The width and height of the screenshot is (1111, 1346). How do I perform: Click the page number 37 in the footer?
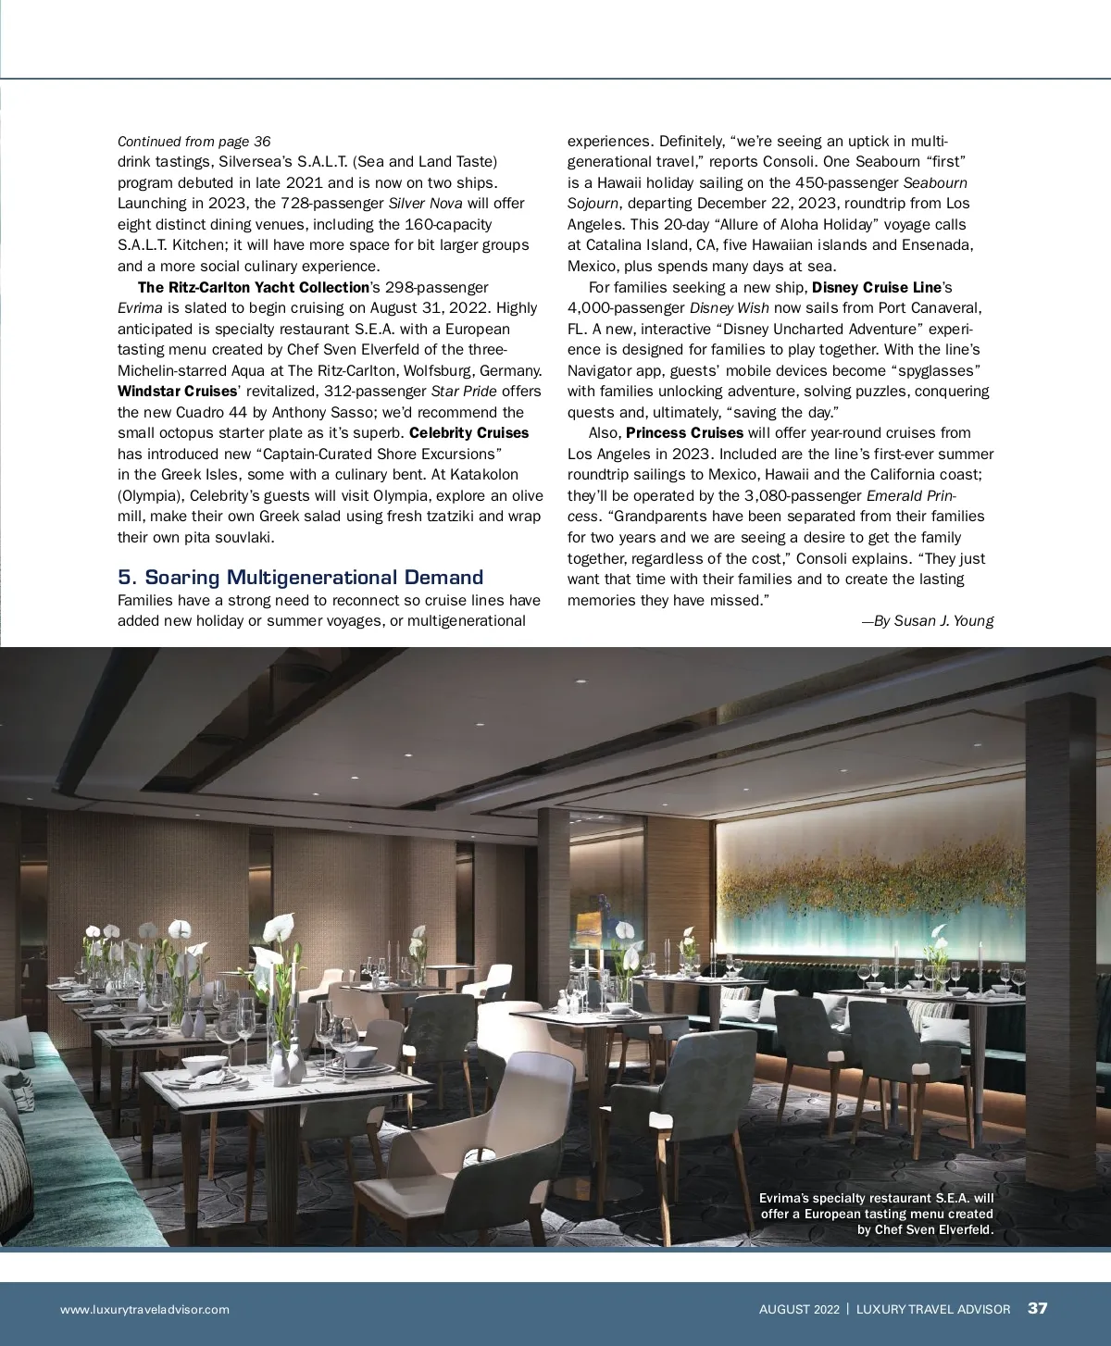pos(1037,1308)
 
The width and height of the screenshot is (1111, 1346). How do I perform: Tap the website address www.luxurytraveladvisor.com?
pos(144,1309)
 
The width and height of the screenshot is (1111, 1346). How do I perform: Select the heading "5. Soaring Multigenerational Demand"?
pos(300,578)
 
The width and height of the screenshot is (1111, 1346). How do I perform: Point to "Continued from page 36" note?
pos(194,142)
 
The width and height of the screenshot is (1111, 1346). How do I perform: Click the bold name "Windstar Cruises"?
pos(177,392)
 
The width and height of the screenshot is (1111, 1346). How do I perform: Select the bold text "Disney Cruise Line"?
pos(876,287)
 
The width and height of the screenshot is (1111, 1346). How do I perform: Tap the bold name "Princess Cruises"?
pos(684,433)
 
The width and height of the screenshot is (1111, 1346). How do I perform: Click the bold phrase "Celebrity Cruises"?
pos(468,433)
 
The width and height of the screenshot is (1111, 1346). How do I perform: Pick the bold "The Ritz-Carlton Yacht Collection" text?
pos(253,287)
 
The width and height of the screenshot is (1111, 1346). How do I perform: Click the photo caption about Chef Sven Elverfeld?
pos(876,1214)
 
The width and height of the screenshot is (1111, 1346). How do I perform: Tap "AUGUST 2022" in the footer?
pos(799,1309)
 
